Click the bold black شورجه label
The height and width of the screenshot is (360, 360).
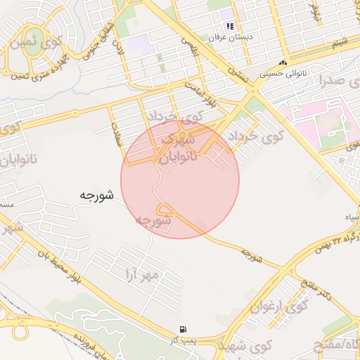point(97,195)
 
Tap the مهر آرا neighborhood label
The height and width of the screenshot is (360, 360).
point(141,273)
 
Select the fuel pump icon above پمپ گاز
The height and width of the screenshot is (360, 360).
point(184,329)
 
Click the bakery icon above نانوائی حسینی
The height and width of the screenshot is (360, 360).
point(283,63)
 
